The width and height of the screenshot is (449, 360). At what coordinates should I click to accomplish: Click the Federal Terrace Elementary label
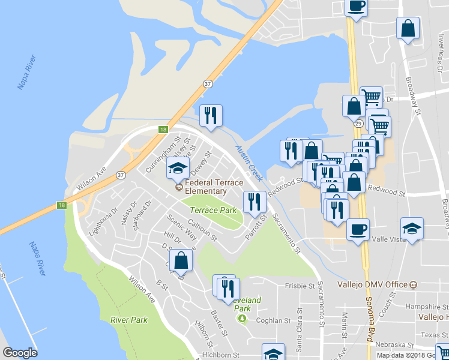point(206,187)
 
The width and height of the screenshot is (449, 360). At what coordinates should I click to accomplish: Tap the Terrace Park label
point(213,211)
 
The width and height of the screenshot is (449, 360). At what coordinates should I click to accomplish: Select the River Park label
point(129,320)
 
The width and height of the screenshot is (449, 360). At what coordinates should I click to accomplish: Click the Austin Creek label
point(249,163)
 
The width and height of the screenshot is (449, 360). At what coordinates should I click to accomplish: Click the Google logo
point(20,353)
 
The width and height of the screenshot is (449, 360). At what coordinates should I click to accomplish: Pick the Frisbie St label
point(300,286)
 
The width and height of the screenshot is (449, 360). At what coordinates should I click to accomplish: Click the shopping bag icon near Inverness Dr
point(408,28)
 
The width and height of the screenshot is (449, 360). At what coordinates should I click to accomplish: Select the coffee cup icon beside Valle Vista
point(358,229)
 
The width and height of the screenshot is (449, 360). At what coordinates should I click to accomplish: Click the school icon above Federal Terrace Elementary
point(178,169)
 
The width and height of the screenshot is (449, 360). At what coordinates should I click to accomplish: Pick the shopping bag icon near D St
point(181,260)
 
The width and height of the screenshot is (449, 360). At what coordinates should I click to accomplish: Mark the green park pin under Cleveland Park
point(242,319)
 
